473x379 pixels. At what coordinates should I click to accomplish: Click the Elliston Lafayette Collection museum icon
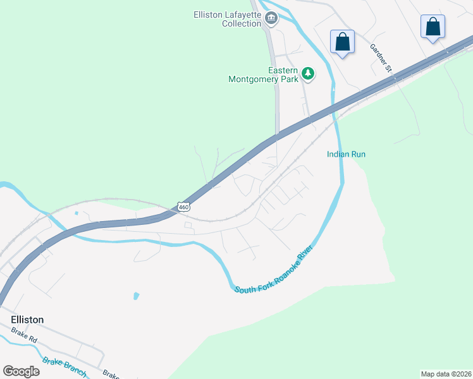click(271, 18)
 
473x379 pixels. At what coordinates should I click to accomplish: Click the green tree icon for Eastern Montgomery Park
click(308, 75)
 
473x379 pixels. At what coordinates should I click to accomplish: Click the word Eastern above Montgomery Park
click(283, 70)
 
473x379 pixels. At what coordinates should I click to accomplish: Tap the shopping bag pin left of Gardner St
click(342, 42)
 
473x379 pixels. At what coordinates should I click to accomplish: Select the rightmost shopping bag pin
click(433, 27)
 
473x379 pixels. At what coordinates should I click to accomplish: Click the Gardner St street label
click(382, 57)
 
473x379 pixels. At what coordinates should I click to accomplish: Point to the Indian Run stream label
click(346, 154)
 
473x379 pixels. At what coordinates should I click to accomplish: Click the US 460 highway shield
click(183, 207)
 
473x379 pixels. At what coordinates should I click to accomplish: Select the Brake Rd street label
click(25, 335)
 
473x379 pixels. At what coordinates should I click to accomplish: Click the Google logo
click(21, 371)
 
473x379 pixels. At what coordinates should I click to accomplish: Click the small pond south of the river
click(135, 295)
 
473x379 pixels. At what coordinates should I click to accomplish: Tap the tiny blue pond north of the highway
click(77, 213)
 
